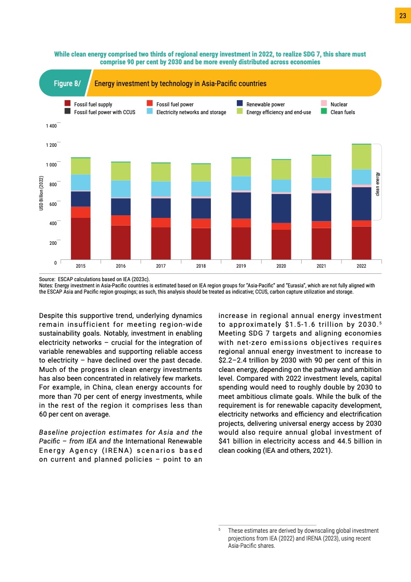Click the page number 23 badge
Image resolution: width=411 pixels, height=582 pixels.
tap(403, 16)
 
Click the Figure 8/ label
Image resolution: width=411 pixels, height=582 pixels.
tap(67, 84)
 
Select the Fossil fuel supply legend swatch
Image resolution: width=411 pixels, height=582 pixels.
tap(67, 104)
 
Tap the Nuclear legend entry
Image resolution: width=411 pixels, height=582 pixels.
tap(338, 104)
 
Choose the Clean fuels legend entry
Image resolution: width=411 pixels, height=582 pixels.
tap(343, 112)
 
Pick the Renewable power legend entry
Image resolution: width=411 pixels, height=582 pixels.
tap(265, 104)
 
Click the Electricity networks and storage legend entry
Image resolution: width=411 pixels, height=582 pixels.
tap(191, 112)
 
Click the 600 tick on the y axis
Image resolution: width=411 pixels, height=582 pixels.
tap(53, 203)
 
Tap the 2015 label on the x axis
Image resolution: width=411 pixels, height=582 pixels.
tap(81, 266)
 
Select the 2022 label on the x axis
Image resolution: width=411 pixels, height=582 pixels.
tap(362, 266)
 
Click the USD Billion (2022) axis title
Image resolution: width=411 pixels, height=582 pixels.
tap(41, 193)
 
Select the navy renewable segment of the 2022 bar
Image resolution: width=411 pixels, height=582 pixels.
tap(362, 203)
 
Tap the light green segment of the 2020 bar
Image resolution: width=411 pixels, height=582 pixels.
tap(281, 169)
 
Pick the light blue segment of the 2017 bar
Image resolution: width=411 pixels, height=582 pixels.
tap(161, 189)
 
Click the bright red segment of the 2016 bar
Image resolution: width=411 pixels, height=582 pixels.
tap(121, 220)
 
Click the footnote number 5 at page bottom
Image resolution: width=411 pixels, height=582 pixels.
tap(220, 530)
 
